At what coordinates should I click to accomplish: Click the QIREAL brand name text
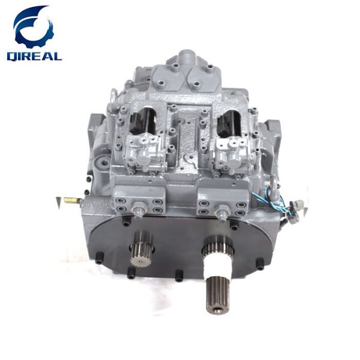[x=34, y=56]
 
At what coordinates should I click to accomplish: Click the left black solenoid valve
[x=142, y=121]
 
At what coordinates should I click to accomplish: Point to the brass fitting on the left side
[x=73, y=200]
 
